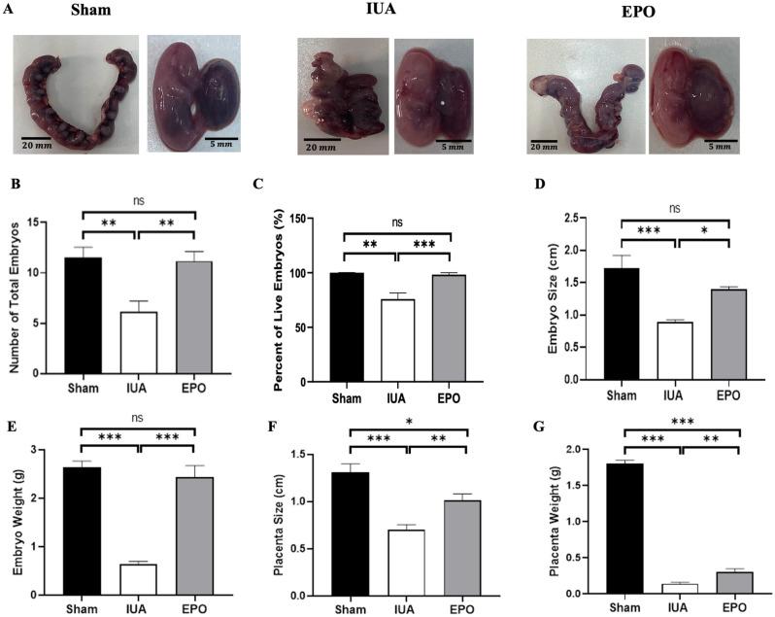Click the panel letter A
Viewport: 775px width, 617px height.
pyautogui.click(x=9, y=9)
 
